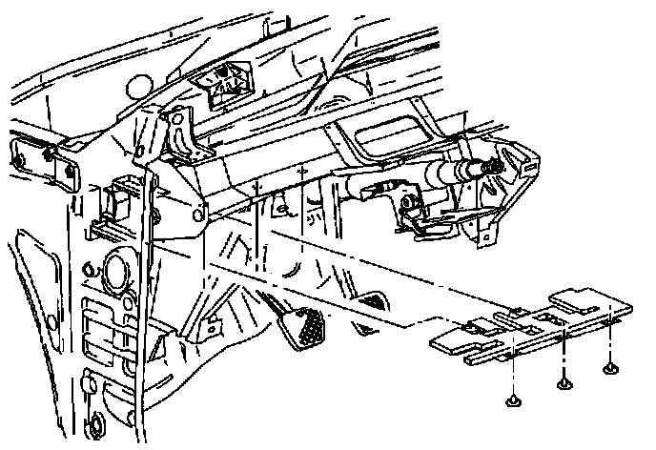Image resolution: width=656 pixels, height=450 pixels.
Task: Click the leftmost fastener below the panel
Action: point(515,399)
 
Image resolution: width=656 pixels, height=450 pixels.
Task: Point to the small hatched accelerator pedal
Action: point(374,301)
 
